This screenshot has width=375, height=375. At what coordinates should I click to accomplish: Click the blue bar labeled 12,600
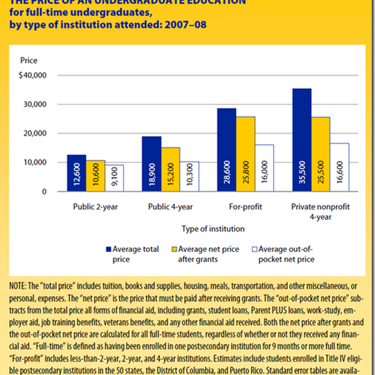(x=76, y=173)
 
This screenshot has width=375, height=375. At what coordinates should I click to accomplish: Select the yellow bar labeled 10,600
(x=95, y=176)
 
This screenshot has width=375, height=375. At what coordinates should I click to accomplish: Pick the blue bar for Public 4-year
(x=151, y=164)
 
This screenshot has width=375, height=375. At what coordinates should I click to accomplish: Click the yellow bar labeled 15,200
(x=170, y=169)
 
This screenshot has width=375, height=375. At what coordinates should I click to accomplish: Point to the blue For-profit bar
(x=226, y=150)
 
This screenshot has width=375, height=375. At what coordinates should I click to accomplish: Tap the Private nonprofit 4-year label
(x=321, y=210)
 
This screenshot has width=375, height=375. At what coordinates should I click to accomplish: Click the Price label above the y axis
(x=29, y=60)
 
